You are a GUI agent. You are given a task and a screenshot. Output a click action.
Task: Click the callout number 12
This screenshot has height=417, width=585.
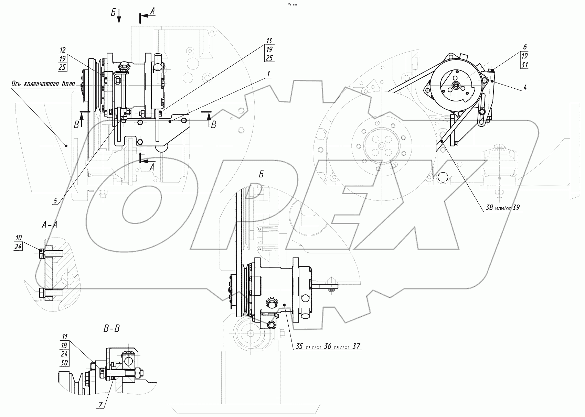point(62,50)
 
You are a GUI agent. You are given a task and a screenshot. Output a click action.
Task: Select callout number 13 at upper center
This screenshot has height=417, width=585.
point(269,41)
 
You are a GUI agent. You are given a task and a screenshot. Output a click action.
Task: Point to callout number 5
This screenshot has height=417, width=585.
point(55,201)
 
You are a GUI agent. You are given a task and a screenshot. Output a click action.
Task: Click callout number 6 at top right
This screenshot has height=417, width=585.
point(525,47)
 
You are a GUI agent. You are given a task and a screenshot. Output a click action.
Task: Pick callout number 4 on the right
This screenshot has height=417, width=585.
point(525,87)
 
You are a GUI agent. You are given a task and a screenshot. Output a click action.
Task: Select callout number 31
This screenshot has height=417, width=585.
point(525,64)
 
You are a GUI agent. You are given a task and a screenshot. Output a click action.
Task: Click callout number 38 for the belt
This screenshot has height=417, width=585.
point(489,208)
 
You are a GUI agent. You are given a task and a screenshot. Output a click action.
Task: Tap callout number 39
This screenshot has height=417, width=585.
point(516,208)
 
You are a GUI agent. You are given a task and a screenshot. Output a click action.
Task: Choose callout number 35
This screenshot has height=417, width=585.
point(299,346)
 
